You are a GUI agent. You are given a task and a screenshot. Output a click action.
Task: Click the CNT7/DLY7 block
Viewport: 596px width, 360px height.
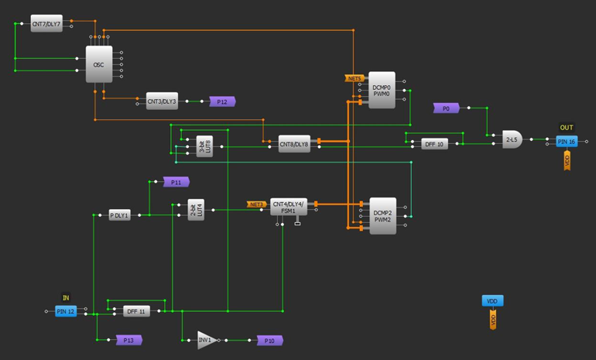tap(46, 24)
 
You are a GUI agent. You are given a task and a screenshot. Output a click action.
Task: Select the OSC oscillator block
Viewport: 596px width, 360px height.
tap(98, 65)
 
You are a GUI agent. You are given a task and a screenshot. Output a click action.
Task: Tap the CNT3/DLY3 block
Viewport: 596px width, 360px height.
tap(162, 101)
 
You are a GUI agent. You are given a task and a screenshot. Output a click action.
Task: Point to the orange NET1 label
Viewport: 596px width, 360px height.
tap(355, 78)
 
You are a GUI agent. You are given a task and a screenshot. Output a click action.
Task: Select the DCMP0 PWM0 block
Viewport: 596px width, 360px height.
tap(382, 91)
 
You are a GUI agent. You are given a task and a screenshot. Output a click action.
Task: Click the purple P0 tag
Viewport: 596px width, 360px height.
tap(446, 109)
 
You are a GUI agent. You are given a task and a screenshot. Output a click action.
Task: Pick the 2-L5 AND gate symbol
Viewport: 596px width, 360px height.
tap(512, 139)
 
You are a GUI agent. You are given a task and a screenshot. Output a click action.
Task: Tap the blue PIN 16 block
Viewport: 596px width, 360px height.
tap(567, 142)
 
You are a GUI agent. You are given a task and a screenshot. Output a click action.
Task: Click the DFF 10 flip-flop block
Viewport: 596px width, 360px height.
tap(434, 143)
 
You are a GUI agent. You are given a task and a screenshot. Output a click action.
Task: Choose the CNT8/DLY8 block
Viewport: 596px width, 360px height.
tap(294, 143)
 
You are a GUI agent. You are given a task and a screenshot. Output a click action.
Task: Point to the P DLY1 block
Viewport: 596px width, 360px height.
tap(120, 214)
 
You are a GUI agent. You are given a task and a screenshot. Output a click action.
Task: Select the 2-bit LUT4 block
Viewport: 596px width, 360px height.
tap(196, 209)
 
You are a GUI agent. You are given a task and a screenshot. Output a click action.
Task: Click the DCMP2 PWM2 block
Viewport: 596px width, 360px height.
tap(382, 216)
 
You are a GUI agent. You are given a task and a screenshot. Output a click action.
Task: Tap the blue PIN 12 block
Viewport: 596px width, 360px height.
tap(66, 311)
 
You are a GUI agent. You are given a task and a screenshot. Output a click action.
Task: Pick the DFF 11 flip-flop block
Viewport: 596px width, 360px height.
tap(136, 311)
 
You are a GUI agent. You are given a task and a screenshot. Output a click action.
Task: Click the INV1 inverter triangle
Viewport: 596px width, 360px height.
tap(206, 340)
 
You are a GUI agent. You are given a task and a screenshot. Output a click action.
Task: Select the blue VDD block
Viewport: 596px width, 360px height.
tap(492, 301)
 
